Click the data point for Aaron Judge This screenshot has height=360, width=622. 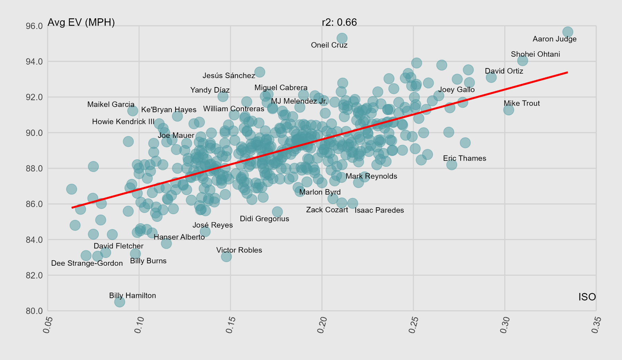point(567,32)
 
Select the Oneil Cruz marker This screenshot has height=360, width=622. point(342,38)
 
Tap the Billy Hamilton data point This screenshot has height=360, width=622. point(120,302)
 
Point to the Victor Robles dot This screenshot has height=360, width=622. point(226,257)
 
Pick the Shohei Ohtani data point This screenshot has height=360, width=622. point(522,61)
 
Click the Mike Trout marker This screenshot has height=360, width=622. point(508,110)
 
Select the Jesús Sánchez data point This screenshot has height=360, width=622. point(260,72)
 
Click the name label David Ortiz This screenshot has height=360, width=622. point(504,71)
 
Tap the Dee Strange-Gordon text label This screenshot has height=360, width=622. point(87,263)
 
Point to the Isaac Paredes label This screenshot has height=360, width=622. point(379,210)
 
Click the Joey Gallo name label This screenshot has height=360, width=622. point(456,90)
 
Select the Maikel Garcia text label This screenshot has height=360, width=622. point(111,104)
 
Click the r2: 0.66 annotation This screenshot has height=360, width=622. point(339,22)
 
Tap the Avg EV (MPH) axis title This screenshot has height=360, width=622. point(81,22)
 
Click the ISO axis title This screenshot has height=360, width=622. point(587,297)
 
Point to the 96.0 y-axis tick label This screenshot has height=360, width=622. point(34,26)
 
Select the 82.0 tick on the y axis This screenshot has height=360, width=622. point(34,275)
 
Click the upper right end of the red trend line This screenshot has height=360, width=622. point(567,72)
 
